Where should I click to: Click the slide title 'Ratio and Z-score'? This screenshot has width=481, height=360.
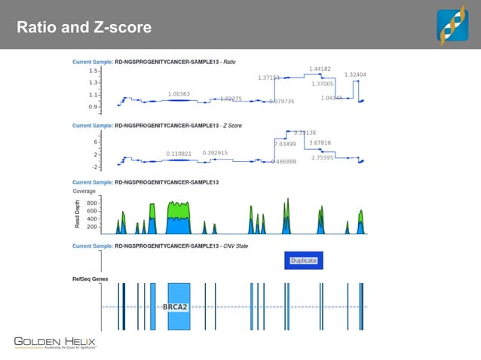click(84, 28)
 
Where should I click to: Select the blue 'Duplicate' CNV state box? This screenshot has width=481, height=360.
click(303, 261)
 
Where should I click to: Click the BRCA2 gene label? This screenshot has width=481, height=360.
click(175, 307)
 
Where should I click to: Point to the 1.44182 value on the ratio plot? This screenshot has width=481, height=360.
click(320, 69)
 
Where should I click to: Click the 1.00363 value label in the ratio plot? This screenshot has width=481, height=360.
click(179, 94)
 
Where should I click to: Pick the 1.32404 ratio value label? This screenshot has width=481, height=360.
click(355, 75)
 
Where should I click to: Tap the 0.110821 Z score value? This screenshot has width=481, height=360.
click(179, 154)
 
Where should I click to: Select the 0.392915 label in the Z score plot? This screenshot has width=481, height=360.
click(215, 153)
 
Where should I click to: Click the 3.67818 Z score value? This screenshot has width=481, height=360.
click(320, 142)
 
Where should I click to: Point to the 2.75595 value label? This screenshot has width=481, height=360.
click(323, 157)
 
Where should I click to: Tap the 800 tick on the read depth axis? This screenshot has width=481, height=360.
click(90, 203)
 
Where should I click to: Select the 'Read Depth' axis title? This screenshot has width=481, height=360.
click(76, 214)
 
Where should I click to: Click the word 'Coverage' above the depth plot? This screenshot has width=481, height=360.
click(84, 191)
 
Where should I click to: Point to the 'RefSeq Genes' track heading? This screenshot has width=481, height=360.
click(90, 279)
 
